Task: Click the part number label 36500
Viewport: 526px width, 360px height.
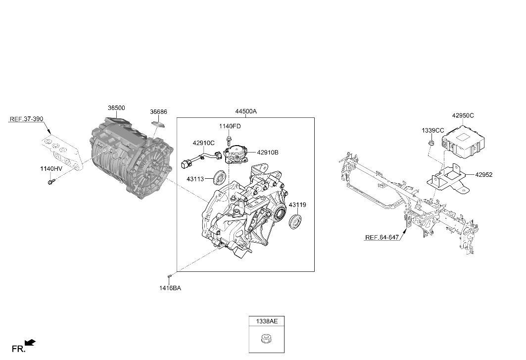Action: click(116, 108)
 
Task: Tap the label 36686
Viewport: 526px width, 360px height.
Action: click(158, 112)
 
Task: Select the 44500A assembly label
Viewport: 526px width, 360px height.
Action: click(246, 111)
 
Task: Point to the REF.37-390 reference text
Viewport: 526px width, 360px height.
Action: click(27, 119)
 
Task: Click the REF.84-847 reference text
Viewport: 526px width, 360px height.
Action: click(382, 237)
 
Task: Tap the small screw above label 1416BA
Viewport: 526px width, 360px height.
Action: click(170, 276)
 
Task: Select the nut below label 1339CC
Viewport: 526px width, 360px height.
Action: click(432, 144)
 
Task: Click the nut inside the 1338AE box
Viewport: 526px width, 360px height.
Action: click(266, 338)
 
